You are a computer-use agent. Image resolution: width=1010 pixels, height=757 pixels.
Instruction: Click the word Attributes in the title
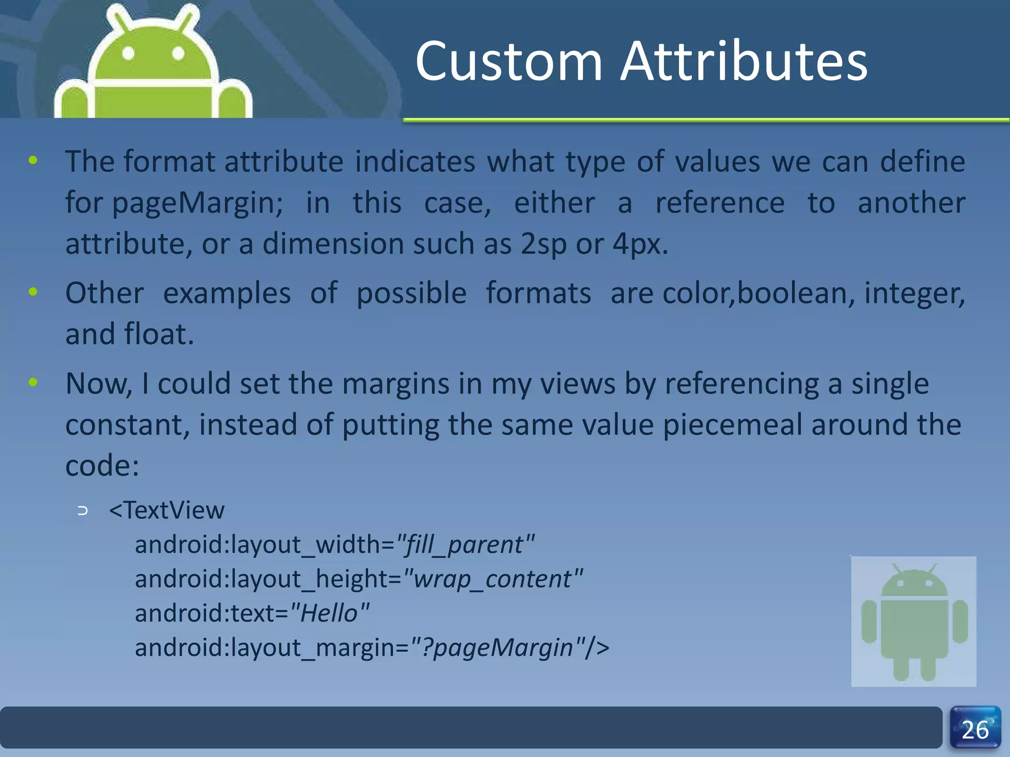(x=743, y=62)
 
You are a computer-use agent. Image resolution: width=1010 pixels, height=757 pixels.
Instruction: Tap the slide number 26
(x=975, y=730)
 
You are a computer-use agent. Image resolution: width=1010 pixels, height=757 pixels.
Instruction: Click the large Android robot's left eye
(x=128, y=53)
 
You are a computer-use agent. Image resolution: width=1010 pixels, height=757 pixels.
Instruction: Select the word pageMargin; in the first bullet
(x=197, y=203)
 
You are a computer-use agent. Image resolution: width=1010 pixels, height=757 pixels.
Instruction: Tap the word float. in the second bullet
(x=159, y=335)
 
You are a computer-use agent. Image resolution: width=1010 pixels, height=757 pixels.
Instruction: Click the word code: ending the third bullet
(x=102, y=466)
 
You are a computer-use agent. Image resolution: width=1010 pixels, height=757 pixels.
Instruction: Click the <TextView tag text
(x=167, y=511)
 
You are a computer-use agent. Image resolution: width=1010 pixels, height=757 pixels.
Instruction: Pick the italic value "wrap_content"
(x=493, y=579)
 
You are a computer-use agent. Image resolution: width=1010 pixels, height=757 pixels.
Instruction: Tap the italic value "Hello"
(x=329, y=614)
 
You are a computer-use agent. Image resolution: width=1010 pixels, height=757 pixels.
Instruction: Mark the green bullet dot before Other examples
(x=33, y=292)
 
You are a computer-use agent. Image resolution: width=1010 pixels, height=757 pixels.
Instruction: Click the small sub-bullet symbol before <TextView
(x=83, y=511)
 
